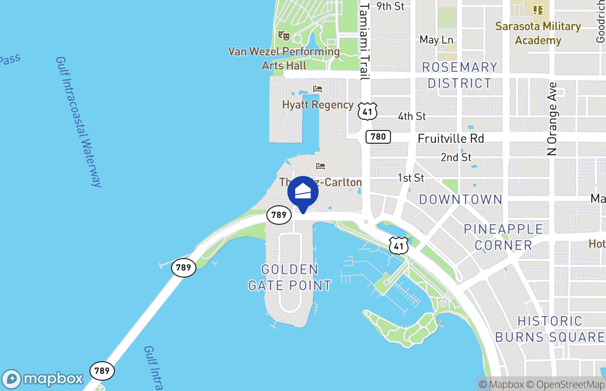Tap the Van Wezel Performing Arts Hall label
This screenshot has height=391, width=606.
click(284, 58)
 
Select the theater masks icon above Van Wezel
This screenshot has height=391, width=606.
click(284, 36)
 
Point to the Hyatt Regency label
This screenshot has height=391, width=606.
click(318, 105)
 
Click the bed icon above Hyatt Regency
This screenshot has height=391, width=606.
click(318, 89)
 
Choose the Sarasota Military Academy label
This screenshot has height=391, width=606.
click(538, 33)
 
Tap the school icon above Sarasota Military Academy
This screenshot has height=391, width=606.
click(538, 10)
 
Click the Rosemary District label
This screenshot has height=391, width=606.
click(459, 75)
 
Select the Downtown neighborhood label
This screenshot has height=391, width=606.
click(460, 199)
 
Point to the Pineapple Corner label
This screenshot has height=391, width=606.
click(503, 237)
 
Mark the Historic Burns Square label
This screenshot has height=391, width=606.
click(550, 329)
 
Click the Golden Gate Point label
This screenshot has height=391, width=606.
click(290, 277)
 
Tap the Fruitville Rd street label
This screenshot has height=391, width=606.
click(451, 139)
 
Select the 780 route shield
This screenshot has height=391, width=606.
click(378, 137)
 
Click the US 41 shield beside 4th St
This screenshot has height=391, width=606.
click(368, 112)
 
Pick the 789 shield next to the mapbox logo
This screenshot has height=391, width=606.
click(102, 370)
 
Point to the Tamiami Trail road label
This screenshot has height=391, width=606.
click(364, 40)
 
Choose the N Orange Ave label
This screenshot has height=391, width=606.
click(552, 119)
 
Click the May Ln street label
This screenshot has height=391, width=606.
click(436, 40)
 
